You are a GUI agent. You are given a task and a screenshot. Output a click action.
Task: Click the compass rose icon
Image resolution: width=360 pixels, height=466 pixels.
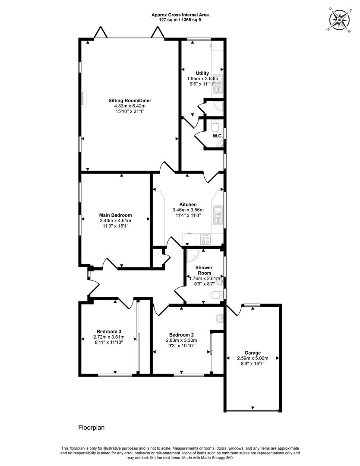pos(339,20)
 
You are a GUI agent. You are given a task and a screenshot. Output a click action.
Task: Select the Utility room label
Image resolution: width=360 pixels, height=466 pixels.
pos(202,73)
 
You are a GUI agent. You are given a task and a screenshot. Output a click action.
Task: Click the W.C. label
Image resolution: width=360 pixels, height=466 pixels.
pos(218,136)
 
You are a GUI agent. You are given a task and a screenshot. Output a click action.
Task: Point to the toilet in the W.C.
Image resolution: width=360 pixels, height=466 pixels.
pos(215,127)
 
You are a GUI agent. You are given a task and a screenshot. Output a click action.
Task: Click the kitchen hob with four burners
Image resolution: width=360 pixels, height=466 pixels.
pos(206,239)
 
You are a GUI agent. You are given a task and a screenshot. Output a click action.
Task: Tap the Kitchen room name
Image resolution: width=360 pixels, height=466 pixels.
pos(188,205)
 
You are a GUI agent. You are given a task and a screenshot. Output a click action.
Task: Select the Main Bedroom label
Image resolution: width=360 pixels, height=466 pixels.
pos(115,215)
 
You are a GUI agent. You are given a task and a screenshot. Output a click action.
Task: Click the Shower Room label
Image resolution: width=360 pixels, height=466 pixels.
pos(204,270)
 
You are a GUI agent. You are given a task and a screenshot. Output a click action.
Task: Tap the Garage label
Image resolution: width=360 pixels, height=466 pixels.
pos(253,353)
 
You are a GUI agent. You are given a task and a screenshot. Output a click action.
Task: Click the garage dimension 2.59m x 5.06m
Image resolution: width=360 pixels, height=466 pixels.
pos(253,358)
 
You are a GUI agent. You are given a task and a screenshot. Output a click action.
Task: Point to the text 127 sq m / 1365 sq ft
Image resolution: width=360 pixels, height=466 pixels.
pos(180,20)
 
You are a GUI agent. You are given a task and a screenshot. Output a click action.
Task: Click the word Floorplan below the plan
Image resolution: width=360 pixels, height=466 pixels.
pos(91,428)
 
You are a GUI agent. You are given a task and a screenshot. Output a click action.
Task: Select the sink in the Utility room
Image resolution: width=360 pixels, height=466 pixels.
pos(218,84)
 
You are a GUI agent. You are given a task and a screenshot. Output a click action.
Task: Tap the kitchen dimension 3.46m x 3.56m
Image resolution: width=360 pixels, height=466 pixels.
pos(188,210)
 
